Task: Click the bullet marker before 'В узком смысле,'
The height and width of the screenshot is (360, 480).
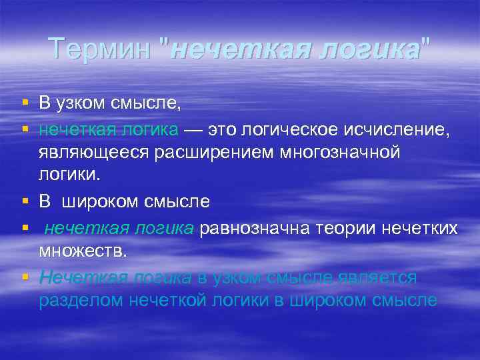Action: tap(25, 103)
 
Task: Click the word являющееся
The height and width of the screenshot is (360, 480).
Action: tap(94, 153)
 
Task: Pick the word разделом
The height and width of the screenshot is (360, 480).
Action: tap(78, 301)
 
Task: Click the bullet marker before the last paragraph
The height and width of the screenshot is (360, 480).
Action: tap(25, 276)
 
